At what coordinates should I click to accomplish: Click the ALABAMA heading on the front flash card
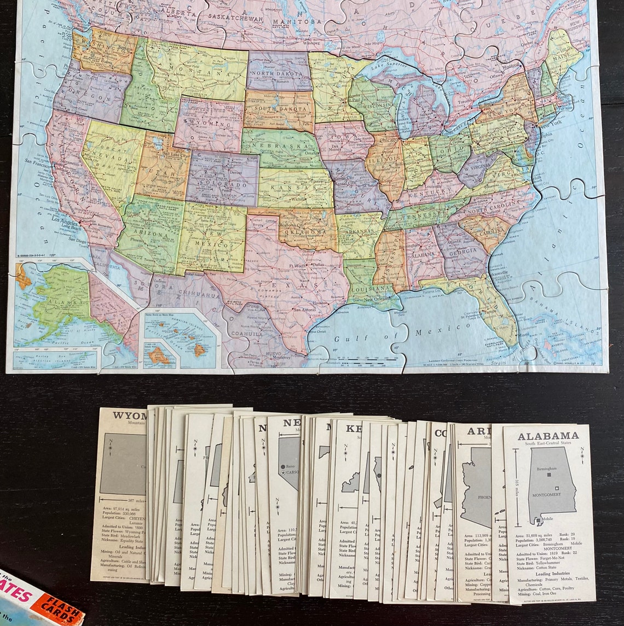click(548, 436)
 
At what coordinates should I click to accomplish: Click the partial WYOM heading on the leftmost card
click(129, 416)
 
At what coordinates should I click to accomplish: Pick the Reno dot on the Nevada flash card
click(282, 466)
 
